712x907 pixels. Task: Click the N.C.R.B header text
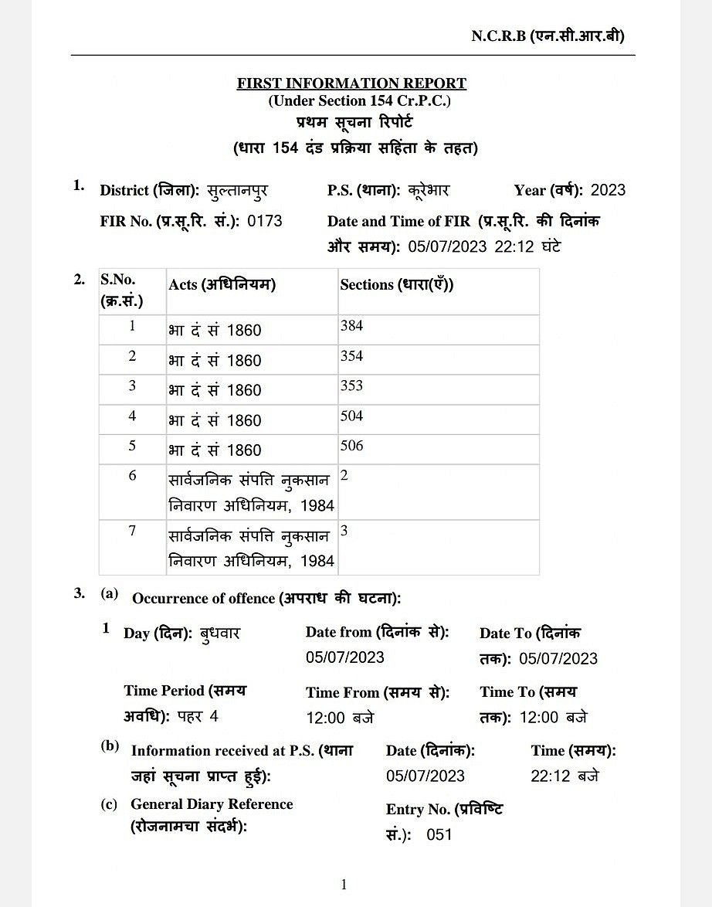click(x=548, y=36)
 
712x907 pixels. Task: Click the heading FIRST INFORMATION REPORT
click(x=351, y=83)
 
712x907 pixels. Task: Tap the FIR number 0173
click(x=265, y=221)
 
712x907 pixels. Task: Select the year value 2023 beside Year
click(x=608, y=190)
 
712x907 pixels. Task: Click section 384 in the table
click(x=351, y=326)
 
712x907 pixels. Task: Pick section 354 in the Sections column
click(x=351, y=356)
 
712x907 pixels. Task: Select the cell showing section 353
click(x=351, y=386)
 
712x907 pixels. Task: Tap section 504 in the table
click(x=351, y=416)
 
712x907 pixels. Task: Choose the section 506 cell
click(x=351, y=447)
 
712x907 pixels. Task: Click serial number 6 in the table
click(x=132, y=476)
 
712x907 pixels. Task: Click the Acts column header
click(x=222, y=284)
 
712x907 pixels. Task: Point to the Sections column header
click(x=397, y=284)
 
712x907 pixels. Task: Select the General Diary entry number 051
click(x=439, y=834)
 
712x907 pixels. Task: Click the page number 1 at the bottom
click(x=344, y=885)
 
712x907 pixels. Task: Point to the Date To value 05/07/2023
click(x=558, y=658)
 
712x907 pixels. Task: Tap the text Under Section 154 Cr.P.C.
click(x=359, y=101)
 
